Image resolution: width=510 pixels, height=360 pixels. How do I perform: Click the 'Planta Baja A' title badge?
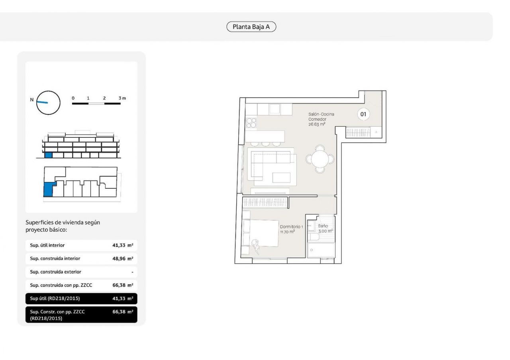point(251,27)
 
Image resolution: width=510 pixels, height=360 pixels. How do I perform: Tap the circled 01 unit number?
point(363,114)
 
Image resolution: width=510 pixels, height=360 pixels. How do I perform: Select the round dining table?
point(320,159)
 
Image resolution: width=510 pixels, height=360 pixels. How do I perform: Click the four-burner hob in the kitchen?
point(251,123)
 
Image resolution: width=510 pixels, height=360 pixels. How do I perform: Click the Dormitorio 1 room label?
point(291,227)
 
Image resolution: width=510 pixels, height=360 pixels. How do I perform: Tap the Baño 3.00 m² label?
point(325,229)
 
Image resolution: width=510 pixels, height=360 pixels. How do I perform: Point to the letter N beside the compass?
point(32,100)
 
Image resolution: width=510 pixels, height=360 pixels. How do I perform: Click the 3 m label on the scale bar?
point(122,98)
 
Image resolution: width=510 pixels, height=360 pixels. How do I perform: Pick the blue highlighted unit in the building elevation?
point(49,155)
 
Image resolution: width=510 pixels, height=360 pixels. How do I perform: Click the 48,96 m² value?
point(123,258)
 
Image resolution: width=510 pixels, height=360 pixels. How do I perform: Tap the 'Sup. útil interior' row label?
point(47,245)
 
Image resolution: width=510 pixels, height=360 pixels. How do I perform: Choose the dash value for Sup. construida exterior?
point(132,272)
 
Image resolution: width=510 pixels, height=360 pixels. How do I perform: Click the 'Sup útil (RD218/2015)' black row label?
point(55,298)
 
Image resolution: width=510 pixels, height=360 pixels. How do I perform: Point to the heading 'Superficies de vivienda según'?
point(63,222)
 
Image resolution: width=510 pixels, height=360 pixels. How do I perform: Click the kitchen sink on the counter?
point(275,109)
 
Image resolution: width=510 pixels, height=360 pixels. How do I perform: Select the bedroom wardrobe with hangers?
point(265,202)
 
